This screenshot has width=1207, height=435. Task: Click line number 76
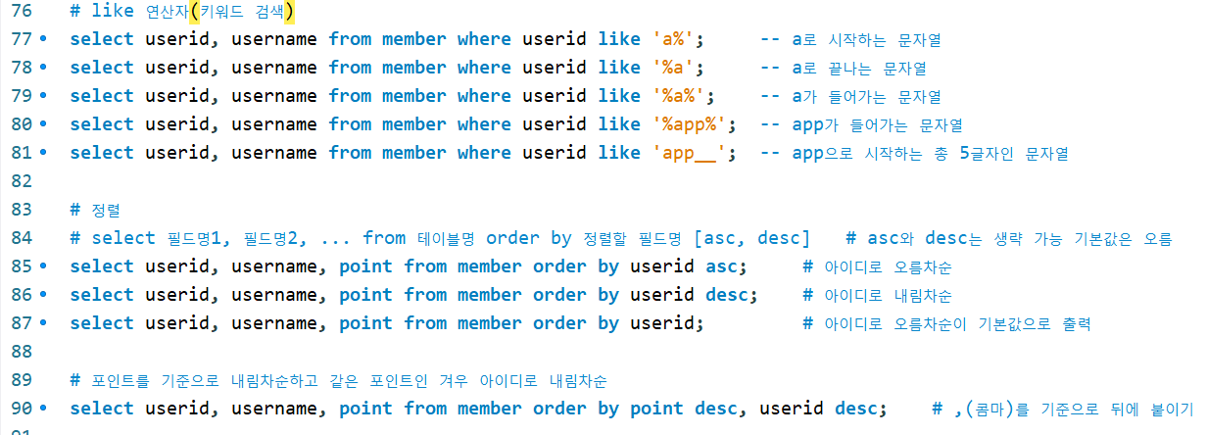click(20, 11)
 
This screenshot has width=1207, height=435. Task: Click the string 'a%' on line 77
click(677, 39)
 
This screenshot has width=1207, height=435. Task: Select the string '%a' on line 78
click(677, 68)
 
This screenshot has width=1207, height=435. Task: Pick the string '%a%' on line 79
click(683, 96)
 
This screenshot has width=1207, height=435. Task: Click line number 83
click(20, 210)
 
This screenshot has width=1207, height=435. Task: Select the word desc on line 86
click(731, 295)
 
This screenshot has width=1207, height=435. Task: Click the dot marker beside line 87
click(42, 323)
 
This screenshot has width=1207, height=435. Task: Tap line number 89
click(20, 380)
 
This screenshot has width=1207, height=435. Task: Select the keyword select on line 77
click(102, 39)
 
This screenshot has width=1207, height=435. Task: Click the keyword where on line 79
click(484, 96)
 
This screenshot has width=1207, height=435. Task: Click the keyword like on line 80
click(618, 124)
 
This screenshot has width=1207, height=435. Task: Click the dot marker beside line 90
click(42, 409)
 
